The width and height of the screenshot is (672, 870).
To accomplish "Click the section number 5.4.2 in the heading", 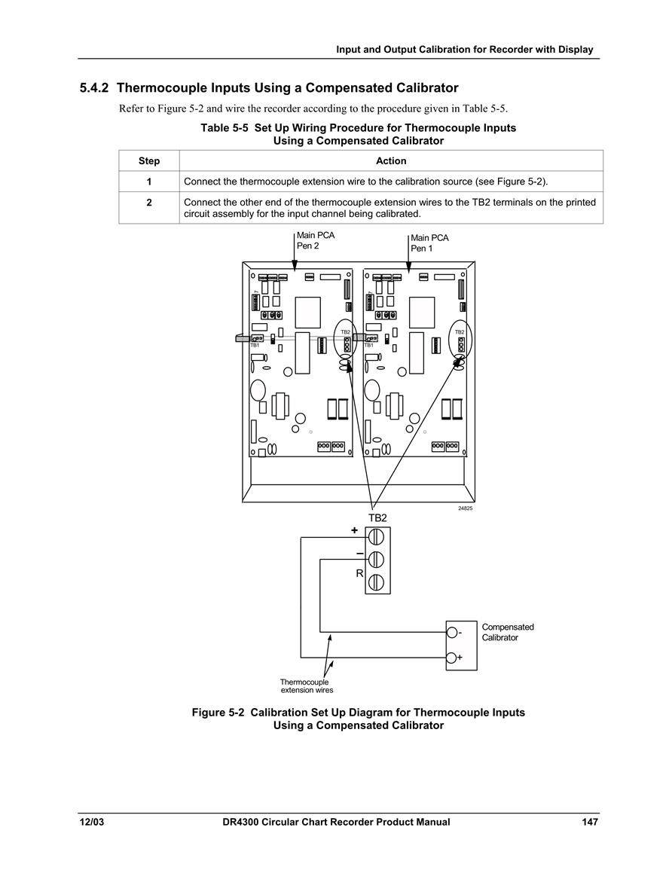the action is click(94, 87).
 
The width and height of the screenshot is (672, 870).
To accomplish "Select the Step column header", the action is click(148, 161).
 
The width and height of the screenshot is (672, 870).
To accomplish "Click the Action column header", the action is click(391, 161).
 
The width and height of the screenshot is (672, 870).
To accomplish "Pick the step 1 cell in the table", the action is click(148, 182).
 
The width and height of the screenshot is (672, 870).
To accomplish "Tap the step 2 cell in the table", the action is click(148, 203).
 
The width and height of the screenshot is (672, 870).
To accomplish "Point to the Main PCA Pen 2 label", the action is click(316, 240).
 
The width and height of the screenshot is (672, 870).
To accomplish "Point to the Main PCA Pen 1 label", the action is click(429, 243).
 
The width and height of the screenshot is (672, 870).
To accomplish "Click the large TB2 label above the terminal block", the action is click(378, 517).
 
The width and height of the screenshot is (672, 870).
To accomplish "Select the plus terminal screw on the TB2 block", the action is click(376, 536).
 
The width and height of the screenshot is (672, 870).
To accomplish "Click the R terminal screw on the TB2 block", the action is click(376, 582).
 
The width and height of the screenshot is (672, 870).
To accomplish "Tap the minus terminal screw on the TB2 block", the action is click(376, 559).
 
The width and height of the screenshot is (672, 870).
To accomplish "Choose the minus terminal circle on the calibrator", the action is click(452, 632).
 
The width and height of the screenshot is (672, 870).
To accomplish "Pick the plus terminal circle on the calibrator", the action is click(452, 658).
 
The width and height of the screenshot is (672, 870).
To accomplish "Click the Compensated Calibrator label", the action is click(508, 632).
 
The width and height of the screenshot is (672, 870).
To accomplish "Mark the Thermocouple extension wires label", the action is click(307, 686).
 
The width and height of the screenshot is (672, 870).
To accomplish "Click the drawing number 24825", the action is click(465, 508).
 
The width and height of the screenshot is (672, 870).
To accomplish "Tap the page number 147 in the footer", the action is click(590, 822).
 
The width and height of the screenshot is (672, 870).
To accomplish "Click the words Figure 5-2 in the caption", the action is click(218, 713).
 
